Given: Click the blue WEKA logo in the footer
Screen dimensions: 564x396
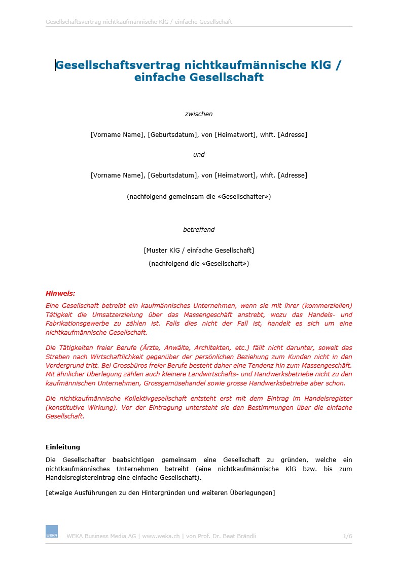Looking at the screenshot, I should [x=51, y=531].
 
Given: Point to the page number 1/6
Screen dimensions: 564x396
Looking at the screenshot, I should [x=347, y=536].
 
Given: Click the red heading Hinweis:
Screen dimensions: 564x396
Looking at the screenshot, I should [x=60, y=293].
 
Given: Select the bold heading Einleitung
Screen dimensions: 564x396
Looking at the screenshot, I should [x=63, y=447].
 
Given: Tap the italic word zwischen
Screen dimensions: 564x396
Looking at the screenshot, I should [x=198, y=114].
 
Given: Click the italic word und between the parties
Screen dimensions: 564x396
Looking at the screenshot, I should [x=199, y=155].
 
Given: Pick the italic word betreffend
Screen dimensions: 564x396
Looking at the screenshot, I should [x=199, y=230].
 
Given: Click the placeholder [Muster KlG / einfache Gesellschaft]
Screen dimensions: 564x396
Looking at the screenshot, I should [x=199, y=250].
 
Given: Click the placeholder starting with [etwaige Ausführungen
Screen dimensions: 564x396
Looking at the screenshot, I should [x=160, y=492].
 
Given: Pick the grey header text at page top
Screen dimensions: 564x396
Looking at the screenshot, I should [x=139, y=22].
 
